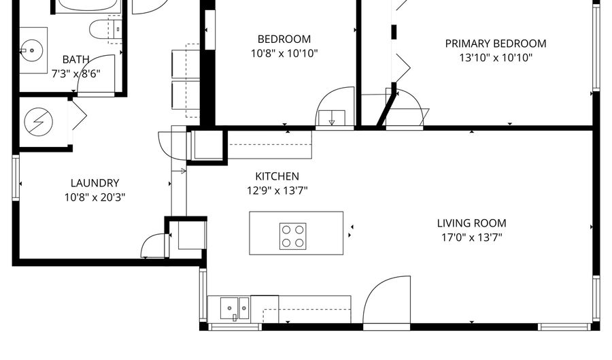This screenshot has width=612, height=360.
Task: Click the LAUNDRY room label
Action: [x=95, y=183]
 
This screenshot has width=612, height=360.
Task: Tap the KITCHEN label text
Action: [x=277, y=176]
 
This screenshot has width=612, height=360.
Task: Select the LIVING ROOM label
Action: [x=471, y=223]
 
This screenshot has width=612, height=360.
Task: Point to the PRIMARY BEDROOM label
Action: [x=496, y=44]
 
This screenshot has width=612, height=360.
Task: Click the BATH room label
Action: [x=75, y=60]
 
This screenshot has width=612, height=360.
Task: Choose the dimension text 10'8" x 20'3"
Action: [x=95, y=197]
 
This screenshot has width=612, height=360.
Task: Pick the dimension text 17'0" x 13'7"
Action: [x=471, y=238]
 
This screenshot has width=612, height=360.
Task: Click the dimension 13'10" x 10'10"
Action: [x=496, y=58]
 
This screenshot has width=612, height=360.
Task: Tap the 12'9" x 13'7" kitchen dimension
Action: [x=277, y=191]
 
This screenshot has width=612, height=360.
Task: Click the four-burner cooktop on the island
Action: [x=292, y=236]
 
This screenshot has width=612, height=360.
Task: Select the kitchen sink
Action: [x=235, y=308]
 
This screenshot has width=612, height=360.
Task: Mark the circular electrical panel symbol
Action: [x=39, y=121]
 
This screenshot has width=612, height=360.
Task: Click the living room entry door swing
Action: [x=386, y=300]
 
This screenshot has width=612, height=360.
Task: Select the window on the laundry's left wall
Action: [x=16, y=177]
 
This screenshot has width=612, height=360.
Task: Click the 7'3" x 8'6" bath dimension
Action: [x=75, y=73]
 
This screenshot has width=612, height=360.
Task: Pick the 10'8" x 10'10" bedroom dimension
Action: [x=284, y=54]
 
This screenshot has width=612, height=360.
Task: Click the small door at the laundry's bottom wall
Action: [x=154, y=246]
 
